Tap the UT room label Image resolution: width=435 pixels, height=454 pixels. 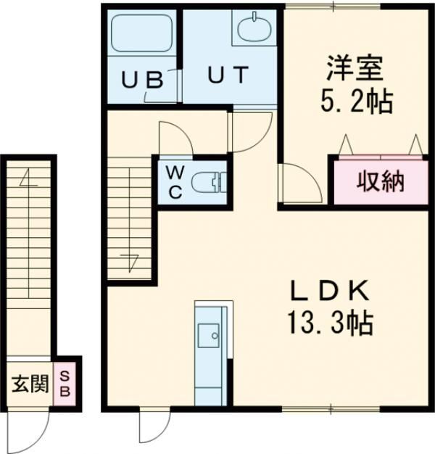(x=229, y=75)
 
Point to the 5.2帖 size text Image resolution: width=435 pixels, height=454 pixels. (x=356, y=102)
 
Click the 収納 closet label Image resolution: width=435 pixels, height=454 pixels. (x=379, y=183)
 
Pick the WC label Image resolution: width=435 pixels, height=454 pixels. (x=176, y=181)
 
